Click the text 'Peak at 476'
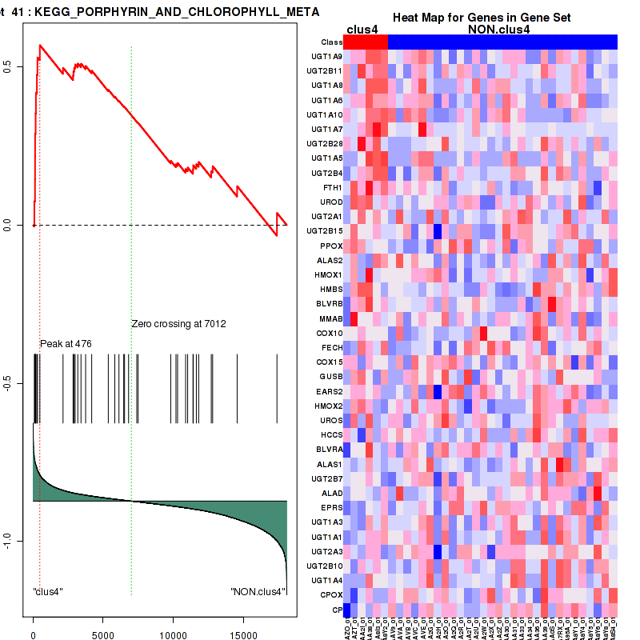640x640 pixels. tap(66, 343)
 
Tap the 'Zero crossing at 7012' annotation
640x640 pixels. tap(178, 324)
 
